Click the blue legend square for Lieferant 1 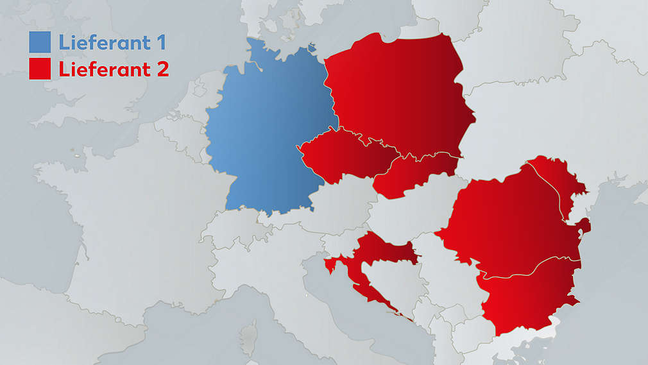[x=40, y=42]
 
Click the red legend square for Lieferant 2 [x=40, y=69]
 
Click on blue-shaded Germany [x=263, y=128]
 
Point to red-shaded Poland [x=398, y=96]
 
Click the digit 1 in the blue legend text [x=160, y=42]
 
